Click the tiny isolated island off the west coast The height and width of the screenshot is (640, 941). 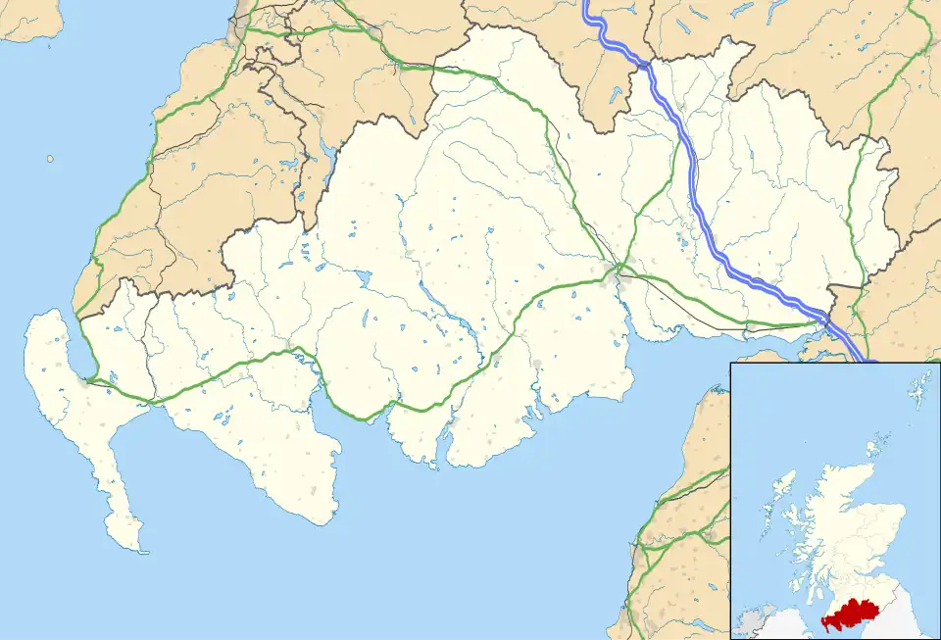pyautogui.click(x=50, y=158)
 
